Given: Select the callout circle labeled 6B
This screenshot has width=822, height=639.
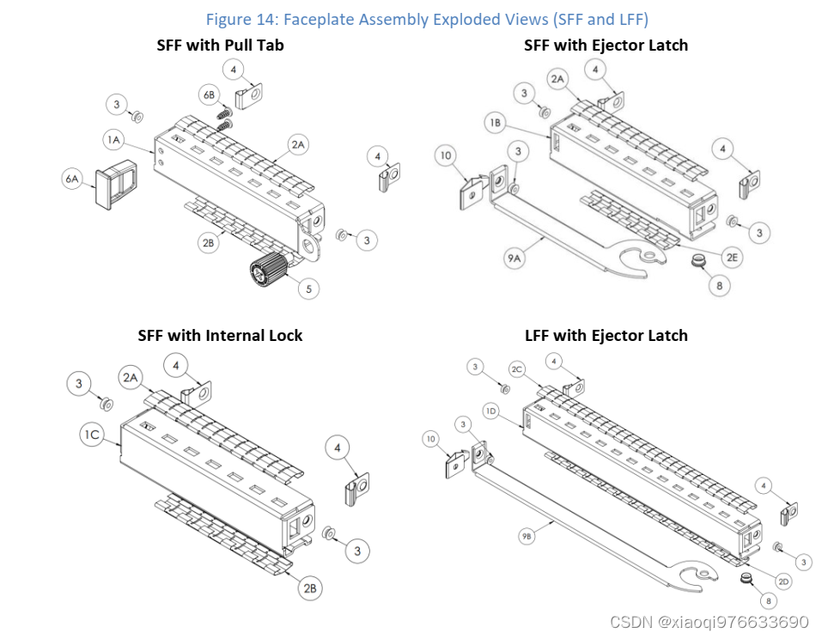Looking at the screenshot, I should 209,94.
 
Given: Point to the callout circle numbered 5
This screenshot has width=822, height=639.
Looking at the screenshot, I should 308,289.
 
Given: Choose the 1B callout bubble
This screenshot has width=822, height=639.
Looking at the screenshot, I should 496,124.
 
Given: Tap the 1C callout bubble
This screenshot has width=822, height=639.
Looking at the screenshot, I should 92,435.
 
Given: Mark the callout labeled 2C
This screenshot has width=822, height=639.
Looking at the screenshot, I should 517,369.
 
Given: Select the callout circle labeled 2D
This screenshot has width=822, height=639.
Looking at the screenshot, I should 782,581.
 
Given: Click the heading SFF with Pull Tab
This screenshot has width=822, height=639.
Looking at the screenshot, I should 220,45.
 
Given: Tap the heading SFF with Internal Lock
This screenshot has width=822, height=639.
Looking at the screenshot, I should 220,335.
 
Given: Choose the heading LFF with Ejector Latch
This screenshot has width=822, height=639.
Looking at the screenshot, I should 606,335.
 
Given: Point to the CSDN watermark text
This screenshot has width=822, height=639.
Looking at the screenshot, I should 709,621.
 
